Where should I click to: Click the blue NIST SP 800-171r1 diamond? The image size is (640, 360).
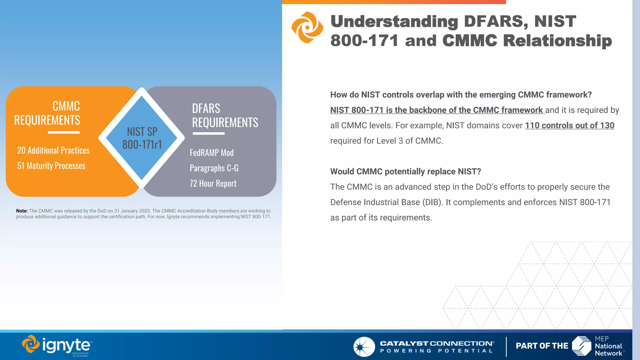tap(142, 138)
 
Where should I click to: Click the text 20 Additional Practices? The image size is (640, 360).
tap(53, 150)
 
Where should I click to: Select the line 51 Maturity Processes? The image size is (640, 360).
tap(51, 166)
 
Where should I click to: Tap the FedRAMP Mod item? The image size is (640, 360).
tap(212, 153)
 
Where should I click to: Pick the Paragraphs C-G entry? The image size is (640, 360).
tap(214, 168)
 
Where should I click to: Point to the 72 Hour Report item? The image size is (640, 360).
tap(213, 183)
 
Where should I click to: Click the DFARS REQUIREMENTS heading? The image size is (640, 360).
tap(225, 116)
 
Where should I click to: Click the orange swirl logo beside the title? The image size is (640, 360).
tap(307, 27)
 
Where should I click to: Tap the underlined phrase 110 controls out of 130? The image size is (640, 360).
tap(569, 125)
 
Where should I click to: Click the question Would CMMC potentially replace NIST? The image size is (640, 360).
tap(405, 172)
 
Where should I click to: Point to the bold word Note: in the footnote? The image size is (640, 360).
tap(22, 211)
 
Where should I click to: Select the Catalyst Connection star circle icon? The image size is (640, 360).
tap(364, 347)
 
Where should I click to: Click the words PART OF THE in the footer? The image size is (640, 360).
tap(542, 346)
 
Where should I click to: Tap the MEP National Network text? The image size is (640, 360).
tap(608, 346)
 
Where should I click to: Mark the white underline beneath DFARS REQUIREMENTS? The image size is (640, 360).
tap(208, 133)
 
